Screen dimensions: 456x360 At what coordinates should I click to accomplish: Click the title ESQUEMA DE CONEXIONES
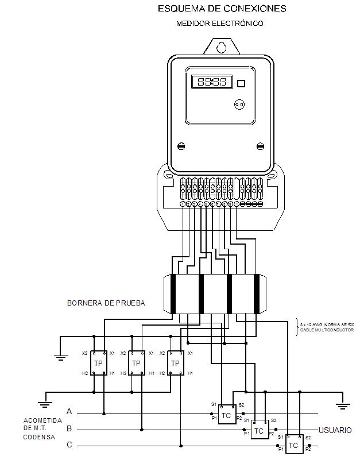[x=222, y=9]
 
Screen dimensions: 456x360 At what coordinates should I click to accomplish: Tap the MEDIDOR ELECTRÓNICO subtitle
[x=220, y=24]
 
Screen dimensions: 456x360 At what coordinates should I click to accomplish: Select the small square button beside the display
[x=241, y=83]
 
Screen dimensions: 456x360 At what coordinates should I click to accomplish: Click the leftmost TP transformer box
[x=98, y=363]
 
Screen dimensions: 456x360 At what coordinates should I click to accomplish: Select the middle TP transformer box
[x=136, y=363]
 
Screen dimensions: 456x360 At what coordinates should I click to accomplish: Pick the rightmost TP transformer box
[x=175, y=363]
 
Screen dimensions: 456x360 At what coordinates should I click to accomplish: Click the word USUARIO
[x=335, y=430]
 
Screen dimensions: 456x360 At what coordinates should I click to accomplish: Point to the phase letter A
[x=69, y=412]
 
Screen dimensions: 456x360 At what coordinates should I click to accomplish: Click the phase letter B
[x=69, y=428]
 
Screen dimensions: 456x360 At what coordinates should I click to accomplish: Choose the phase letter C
[x=69, y=445]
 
